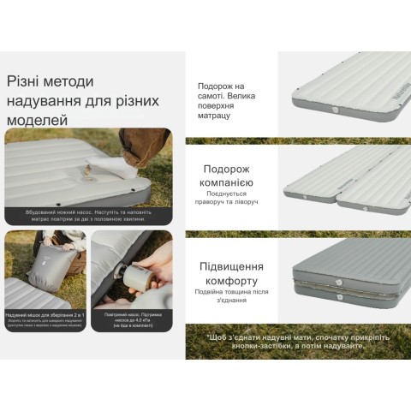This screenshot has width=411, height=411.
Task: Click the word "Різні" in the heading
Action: (x=26, y=81)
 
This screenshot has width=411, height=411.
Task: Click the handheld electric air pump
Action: (x=135, y=277)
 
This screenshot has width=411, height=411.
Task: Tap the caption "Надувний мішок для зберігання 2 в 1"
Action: (x=45, y=316)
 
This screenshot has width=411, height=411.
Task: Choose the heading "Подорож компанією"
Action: (x=227, y=176)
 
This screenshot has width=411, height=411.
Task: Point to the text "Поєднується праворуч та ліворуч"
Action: (x=227, y=199)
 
